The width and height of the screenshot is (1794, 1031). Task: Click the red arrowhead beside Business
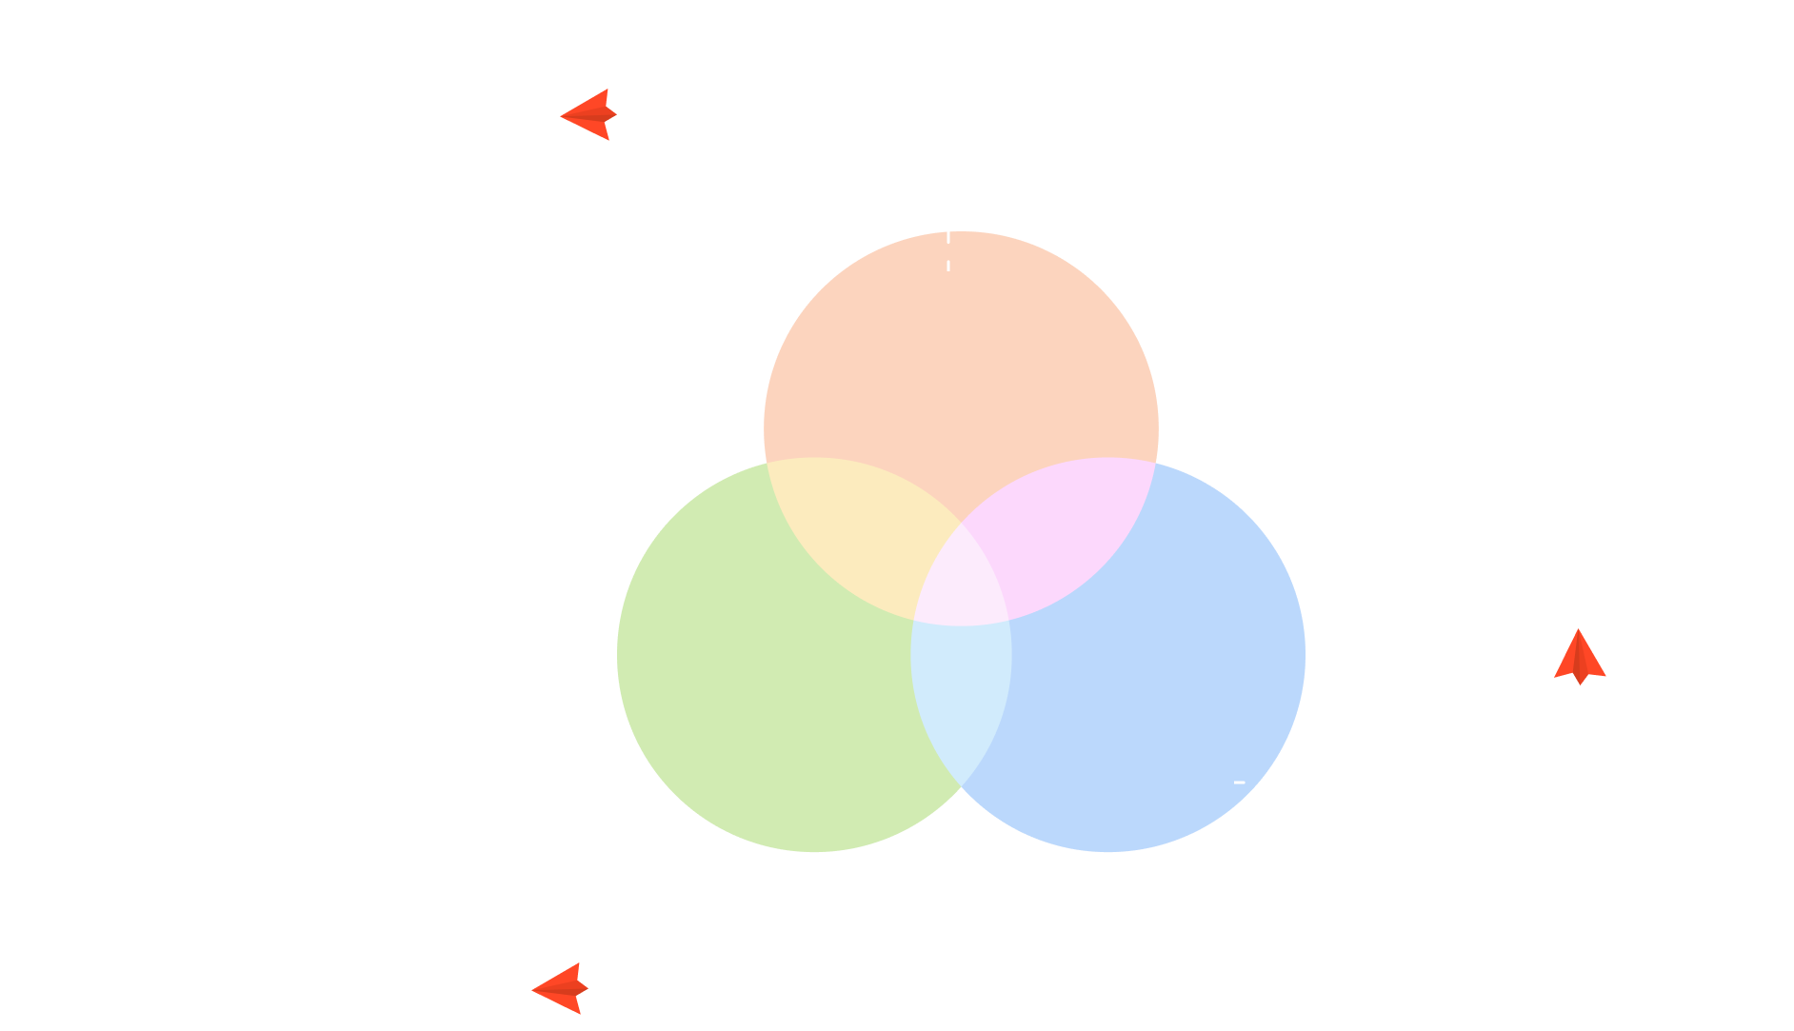point(588,115)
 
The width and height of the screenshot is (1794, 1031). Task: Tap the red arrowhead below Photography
point(1580,657)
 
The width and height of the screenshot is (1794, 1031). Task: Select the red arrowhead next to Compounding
point(559,988)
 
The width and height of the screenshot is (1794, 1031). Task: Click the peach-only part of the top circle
point(961,362)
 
